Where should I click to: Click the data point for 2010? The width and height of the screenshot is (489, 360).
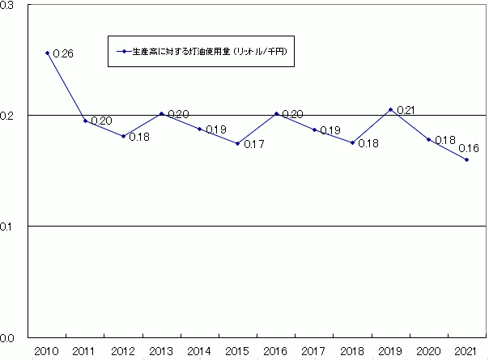[x=47, y=53]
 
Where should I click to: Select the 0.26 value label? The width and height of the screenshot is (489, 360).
[x=63, y=54]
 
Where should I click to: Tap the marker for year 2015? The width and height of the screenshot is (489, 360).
[x=238, y=143]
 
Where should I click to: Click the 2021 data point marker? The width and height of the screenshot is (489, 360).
[x=467, y=159]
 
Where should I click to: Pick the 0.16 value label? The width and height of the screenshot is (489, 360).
[x=467, y=148]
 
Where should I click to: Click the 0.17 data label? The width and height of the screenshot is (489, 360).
[x=255, y=145]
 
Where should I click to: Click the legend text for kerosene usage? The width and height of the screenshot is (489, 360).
[x=211, y=51]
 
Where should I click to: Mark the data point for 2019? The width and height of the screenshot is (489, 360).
[x=390, y=109]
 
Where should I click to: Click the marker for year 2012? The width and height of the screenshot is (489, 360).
[x=123, y=136]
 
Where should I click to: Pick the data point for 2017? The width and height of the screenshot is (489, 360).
[x=314, y=129]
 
